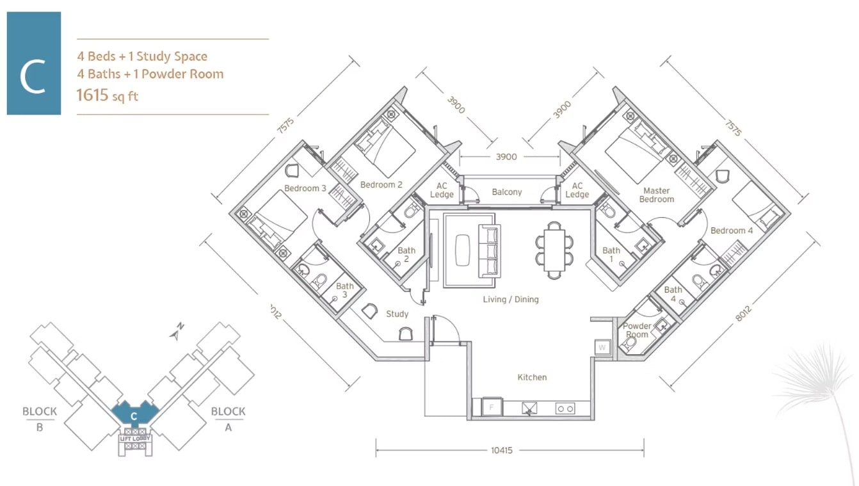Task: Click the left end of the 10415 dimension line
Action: (x=376, y=450)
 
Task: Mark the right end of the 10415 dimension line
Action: (x=644, y=450)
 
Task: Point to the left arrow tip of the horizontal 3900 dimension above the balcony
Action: (x=460, y=156)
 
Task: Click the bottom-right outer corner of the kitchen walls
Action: (x=595, y=419)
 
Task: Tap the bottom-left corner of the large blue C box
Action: (x=7, y=115)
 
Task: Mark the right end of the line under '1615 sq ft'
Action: (x=269, y=115)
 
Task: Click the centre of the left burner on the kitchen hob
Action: (x=561, y=409)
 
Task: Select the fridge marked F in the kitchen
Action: (x=492, y=407)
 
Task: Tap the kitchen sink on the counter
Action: (x=529, y=409)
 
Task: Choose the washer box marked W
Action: (x=602, y=348)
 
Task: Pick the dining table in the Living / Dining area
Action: (x=554, y=250)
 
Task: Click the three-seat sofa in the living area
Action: (x=489, y=251)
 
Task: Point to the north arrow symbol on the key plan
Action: (x=177, y=332)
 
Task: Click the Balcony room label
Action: (x=506, y=192)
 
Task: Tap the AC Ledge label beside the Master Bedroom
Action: (x=577, y=190)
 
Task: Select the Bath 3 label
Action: (x=344, y=290)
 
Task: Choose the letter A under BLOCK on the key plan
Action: (x=228, y=427)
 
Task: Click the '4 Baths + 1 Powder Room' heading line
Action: (x=150, y=74)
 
